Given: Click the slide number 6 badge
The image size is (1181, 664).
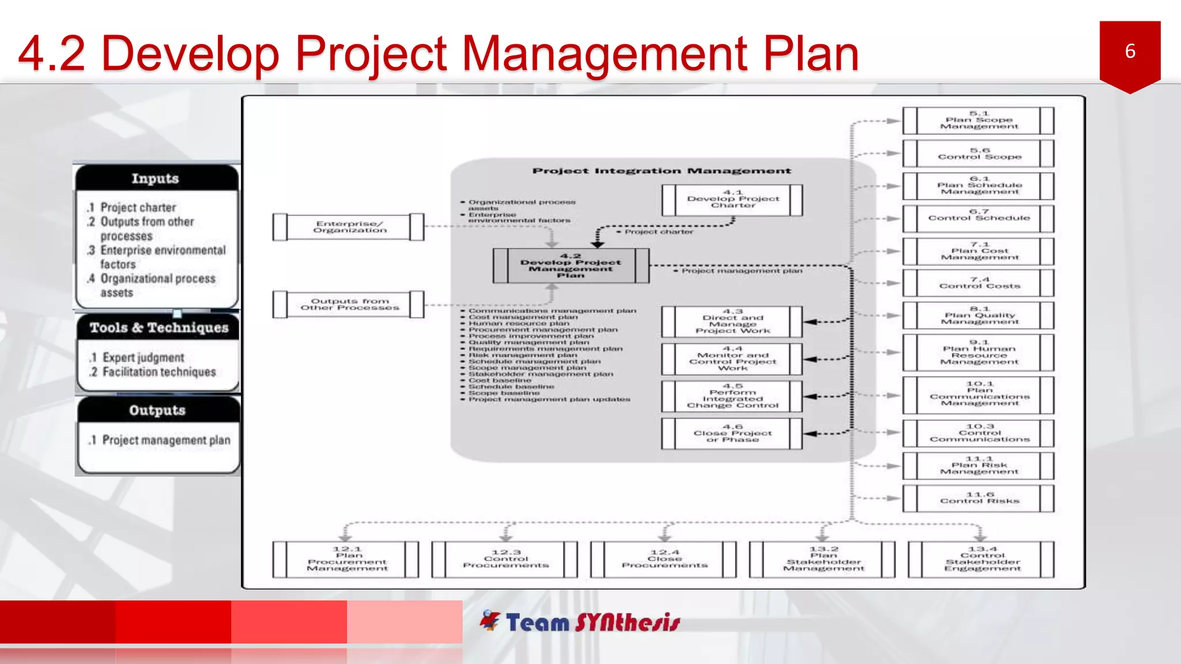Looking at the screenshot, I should click(1129, 52).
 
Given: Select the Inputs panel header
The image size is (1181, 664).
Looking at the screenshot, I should click(156, 179).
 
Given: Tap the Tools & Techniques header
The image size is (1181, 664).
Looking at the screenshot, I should click(159, 328).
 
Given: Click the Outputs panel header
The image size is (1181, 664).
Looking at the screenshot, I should click(157, 410).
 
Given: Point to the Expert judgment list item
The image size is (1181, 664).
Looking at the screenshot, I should click(143, 358).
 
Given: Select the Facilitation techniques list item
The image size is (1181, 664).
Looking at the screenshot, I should click(159, 372).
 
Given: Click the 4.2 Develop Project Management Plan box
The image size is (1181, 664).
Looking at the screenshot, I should click(570, 266).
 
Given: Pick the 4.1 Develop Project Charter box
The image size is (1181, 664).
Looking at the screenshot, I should click(732, 199).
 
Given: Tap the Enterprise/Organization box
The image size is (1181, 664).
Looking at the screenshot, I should click(349, 227).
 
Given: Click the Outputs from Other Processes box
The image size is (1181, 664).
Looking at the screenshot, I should click(349, 304).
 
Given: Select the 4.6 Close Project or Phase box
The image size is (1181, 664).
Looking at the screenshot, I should click(732, 433).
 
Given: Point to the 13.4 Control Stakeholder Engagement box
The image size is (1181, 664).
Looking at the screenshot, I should click(981, 559).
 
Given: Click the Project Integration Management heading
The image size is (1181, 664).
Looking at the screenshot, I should click(661, 171).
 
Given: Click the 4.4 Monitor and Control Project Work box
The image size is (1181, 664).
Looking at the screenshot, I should click(732, 359).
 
